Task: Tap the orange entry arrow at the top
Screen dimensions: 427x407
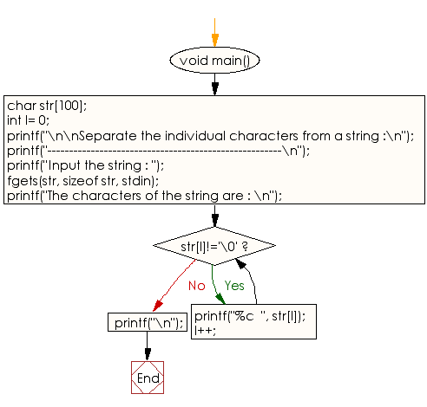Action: (214, 32)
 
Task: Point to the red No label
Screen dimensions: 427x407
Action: (197, 286)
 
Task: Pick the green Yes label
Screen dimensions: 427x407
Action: (234, 286)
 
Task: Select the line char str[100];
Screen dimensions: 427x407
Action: (47, 106)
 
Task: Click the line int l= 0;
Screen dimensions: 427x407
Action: (28, 120)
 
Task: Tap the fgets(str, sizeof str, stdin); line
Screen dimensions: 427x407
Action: (83, 181)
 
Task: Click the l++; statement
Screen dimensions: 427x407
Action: (205, 330)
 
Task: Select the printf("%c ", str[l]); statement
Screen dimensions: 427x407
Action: (250, 316)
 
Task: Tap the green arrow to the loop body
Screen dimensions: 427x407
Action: (217, 284)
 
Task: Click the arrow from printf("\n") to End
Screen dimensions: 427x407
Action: (148, 346)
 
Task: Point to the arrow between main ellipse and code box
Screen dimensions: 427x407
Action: (214, 84)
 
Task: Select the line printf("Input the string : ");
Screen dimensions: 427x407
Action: (86, 166)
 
